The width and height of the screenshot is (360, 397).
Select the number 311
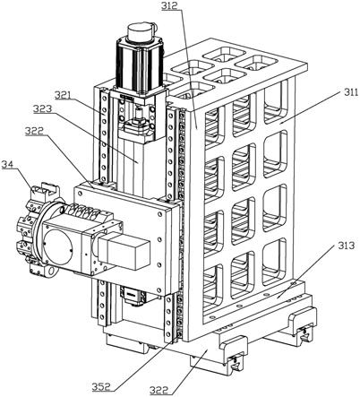(350, 92)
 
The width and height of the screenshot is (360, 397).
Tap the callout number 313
(346, 246)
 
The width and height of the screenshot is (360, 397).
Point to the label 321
(64, 95)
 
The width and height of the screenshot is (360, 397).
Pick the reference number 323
(42, 109)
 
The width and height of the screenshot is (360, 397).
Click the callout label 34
(8, 165)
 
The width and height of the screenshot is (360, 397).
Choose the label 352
(101, 387)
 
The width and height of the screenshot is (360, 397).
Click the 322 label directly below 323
(34, 131)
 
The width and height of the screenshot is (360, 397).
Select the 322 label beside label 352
(159, 390)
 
